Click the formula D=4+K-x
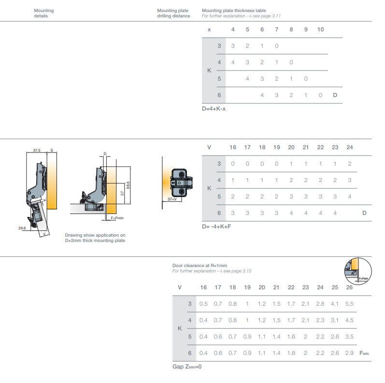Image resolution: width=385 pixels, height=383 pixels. [214, 109]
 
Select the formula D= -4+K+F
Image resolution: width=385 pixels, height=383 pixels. [216, 227]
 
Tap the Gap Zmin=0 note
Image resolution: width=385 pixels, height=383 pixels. [187, 367]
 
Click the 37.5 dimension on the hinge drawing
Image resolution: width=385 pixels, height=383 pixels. [37, 150]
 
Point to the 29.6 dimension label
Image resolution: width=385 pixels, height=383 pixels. [22, 228]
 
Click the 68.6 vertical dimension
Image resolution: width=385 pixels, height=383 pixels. [128, 185]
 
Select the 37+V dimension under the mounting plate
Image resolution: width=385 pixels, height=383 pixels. [172, 199]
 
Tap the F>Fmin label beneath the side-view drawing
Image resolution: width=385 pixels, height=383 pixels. [117, 218]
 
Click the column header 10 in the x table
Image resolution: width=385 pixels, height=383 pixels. [320, 29]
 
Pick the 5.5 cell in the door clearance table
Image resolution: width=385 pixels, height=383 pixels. [349, 304]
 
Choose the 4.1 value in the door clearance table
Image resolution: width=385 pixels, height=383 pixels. [335, 304]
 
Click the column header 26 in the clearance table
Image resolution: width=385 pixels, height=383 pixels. [349, 287]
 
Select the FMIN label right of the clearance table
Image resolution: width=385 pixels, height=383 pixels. [364, 353]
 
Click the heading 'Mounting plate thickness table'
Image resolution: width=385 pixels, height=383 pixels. [234, 11]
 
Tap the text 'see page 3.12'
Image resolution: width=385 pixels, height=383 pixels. [237, 271]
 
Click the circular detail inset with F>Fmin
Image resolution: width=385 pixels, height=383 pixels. [358, 271]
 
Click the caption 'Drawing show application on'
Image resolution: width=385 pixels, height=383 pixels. [95, 235]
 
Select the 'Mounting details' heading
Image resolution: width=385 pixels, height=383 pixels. [43, 13]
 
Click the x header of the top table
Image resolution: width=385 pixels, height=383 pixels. [209, 30]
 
